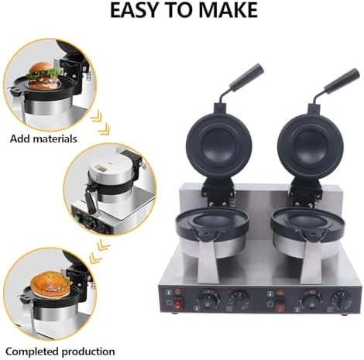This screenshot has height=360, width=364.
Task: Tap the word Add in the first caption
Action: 22,140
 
